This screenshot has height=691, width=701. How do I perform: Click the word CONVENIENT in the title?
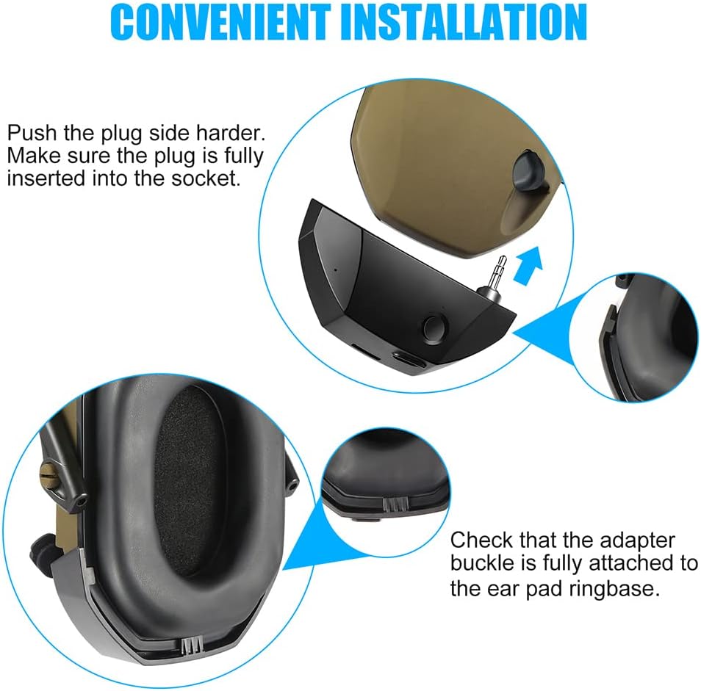coord(220,22)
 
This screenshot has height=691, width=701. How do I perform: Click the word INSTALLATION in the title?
coord(464,22)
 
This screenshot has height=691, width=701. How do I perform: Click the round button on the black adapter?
coord(434,329)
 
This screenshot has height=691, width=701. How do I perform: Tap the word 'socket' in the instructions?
coord(206,178)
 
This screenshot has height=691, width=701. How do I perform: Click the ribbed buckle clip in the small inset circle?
coord(395,504)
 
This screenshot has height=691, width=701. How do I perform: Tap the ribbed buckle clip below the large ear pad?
coord(193,645)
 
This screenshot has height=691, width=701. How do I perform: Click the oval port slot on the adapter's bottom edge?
coord(409,358)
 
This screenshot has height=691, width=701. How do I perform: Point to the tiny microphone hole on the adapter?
coord(335,269)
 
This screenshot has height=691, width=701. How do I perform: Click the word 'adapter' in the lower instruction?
coord(637,541)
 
